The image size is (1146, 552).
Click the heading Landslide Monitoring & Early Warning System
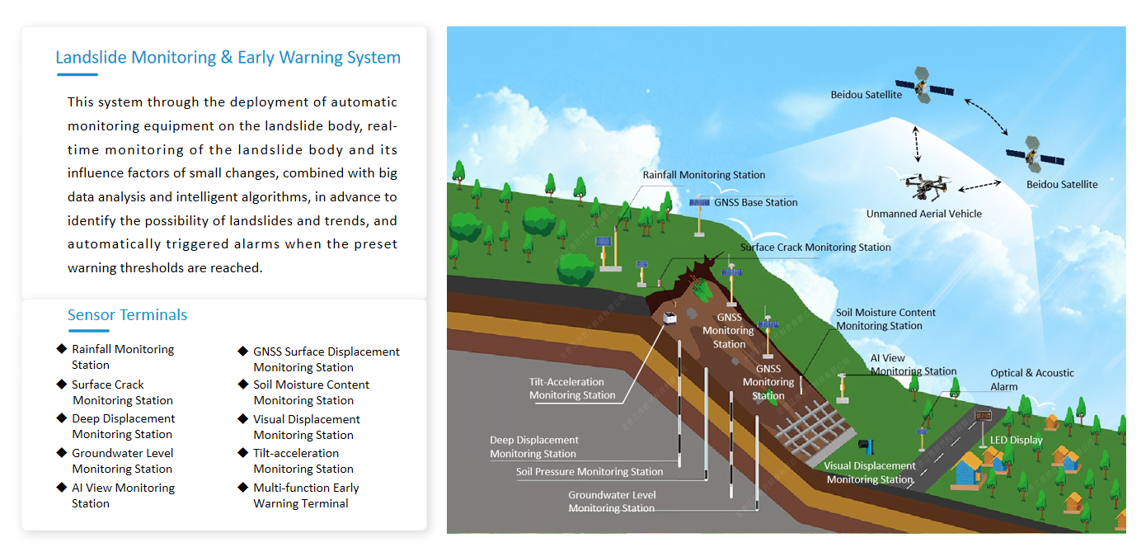click(x=228, y=58)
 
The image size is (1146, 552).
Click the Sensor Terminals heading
click(x=127, y=314)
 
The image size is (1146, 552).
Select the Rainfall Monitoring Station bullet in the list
click(x=123, y=356)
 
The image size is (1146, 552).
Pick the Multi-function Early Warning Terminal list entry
click(x=306, y=495)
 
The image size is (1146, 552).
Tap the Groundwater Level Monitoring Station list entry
click(x=123, y=460)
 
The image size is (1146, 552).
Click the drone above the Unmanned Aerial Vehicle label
click(x=926, y=186)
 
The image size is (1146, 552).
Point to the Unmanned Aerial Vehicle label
click(x=923, y=214)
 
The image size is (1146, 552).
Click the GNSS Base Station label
click(x=755, y=202)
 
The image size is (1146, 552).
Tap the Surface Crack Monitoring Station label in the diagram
click(x=815, y=247)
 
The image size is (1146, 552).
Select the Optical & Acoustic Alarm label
click(x=1031, y=380)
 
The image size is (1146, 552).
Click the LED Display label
click(x=1016, y=440)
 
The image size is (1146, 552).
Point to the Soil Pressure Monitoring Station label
click(x=589, y=472)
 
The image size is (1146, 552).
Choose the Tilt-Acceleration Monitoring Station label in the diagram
click(x=572, y=389)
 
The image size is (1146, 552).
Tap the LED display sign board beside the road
click(x=983, y=416)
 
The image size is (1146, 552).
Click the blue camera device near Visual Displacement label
click(x=865, y=446)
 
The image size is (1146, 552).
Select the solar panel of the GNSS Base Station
click(x=700, y=202)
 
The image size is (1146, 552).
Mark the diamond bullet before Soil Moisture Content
click(x=242, y=385)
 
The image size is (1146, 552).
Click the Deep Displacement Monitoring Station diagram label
click(x=533, y=446)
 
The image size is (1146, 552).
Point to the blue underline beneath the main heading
click(x=77, y=75)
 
